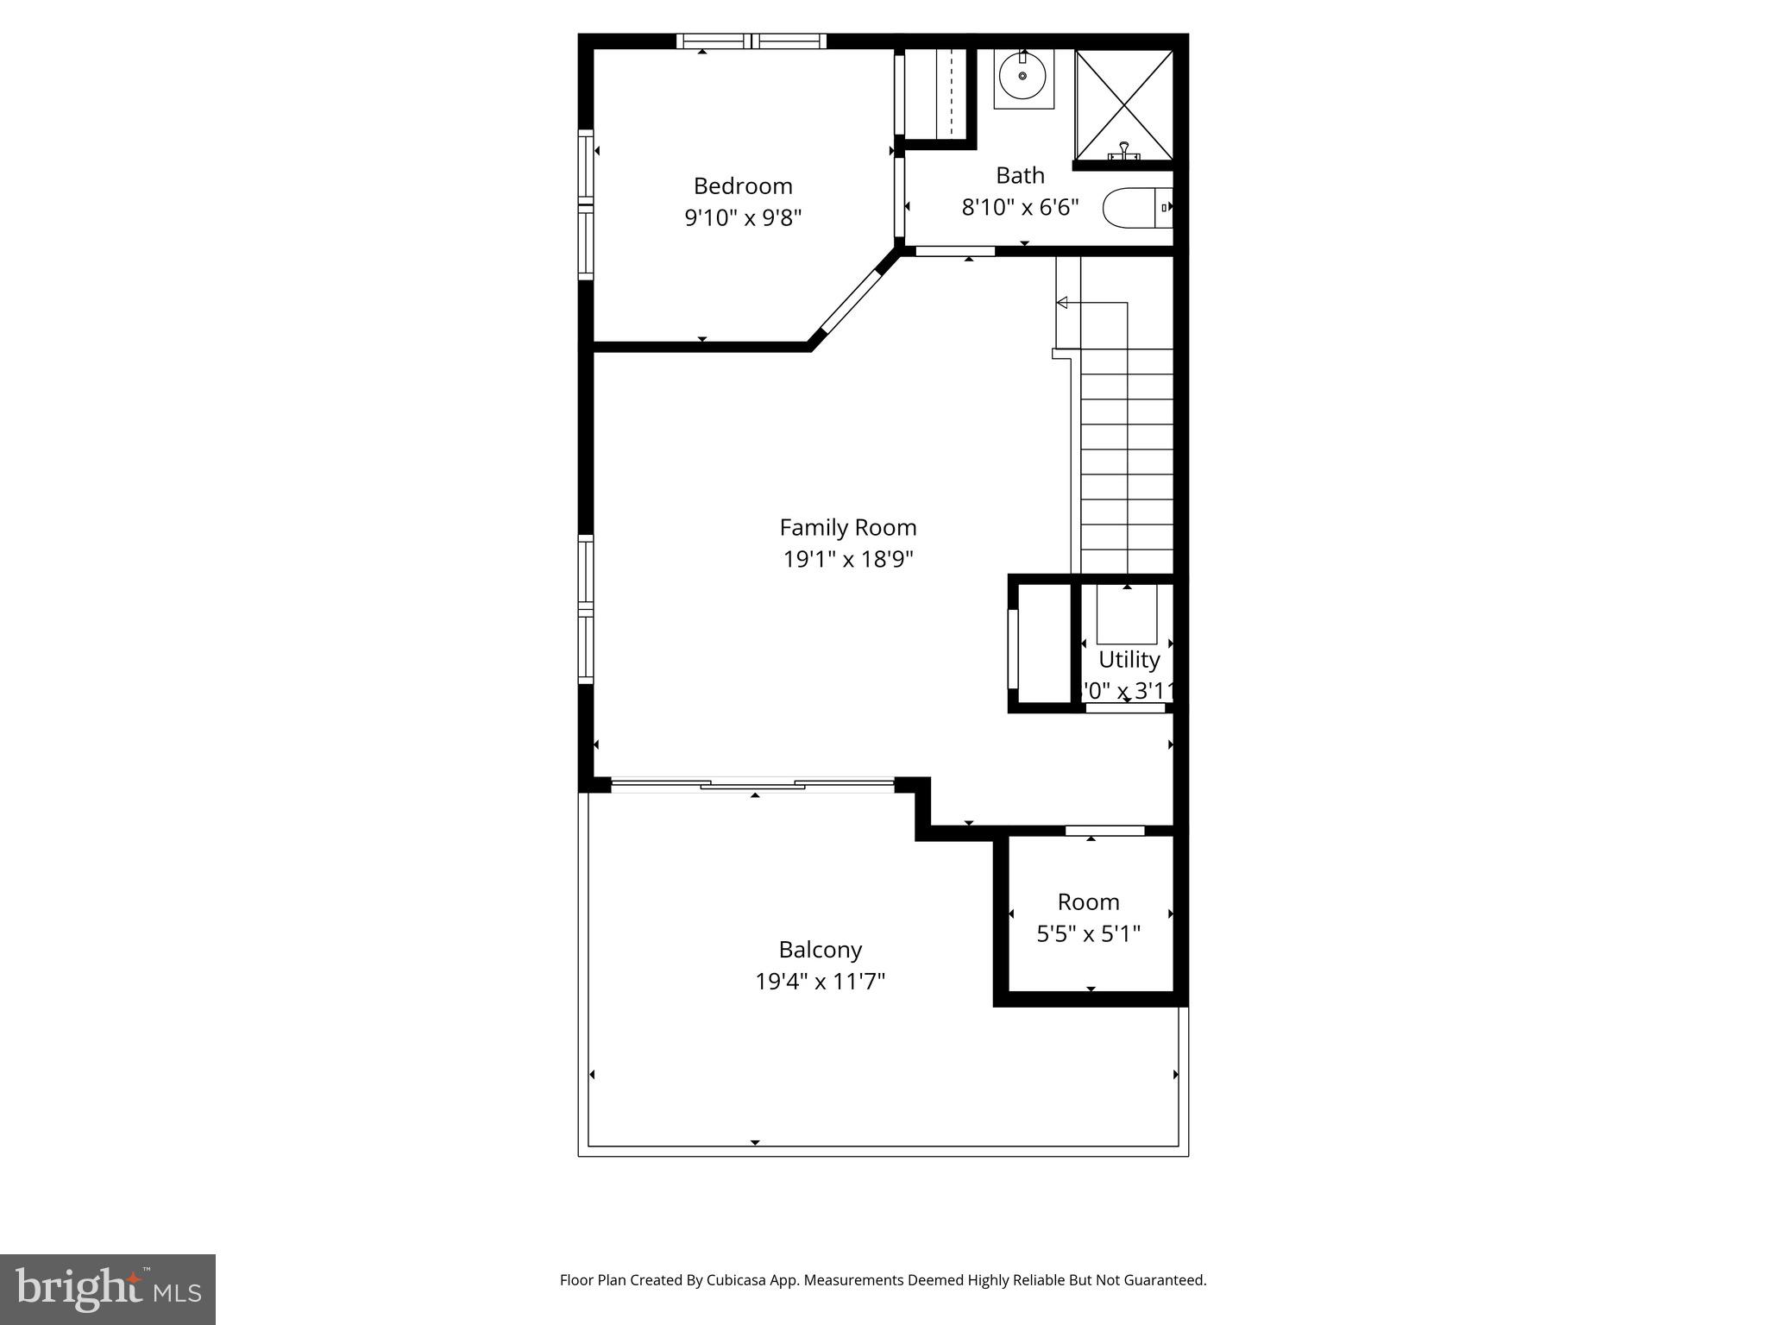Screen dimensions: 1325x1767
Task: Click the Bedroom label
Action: [743, 185]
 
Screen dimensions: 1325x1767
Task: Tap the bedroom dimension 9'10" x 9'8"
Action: [743, 217]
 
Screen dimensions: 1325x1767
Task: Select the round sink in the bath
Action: [1023, 76]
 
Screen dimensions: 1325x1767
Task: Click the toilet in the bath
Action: [1137, 208]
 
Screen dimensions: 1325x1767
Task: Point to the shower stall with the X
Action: [1124, 104]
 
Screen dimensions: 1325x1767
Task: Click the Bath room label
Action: [1020, 175]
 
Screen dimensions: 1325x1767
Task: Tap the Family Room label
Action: [847, 527]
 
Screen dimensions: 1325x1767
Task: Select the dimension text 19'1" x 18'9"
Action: [847, 560]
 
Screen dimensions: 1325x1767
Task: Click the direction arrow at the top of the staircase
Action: [1063, 303]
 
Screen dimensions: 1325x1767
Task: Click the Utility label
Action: [1129, 659]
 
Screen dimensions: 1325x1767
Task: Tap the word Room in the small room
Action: [1088, 901]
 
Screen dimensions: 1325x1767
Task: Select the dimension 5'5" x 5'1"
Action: [1088, 933]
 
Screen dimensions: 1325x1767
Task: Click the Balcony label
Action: [820, 949]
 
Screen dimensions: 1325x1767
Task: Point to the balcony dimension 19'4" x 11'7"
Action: [820, 981]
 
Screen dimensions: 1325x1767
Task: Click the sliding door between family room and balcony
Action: [752, 784]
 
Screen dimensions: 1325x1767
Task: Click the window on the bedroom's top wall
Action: [751, 41]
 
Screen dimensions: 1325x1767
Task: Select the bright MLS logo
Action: [108, 1289]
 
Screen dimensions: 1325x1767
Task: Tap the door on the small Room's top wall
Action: [1104, 831]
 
